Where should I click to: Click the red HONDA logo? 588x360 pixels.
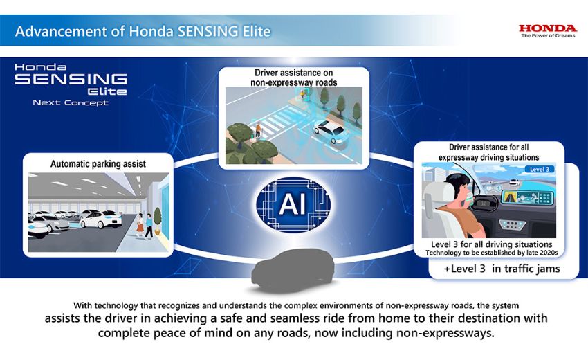547,28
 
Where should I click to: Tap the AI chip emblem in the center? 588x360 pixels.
293,204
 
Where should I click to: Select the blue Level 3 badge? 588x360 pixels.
540,170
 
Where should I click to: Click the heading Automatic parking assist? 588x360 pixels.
98,164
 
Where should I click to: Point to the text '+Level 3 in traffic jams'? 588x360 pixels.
502,269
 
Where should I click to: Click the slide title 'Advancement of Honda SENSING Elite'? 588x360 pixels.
143,31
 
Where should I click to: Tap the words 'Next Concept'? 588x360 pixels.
71,103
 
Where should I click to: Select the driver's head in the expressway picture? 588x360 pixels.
457,186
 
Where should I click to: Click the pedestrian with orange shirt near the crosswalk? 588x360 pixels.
258,130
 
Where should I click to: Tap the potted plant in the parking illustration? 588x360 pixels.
158,221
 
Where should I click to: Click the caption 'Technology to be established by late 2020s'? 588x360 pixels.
491,253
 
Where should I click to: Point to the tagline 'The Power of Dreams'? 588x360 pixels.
548,36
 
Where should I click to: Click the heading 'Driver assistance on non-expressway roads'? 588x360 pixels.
293,78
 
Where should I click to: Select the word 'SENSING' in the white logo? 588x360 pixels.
71,79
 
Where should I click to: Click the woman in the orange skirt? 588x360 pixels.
140,224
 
